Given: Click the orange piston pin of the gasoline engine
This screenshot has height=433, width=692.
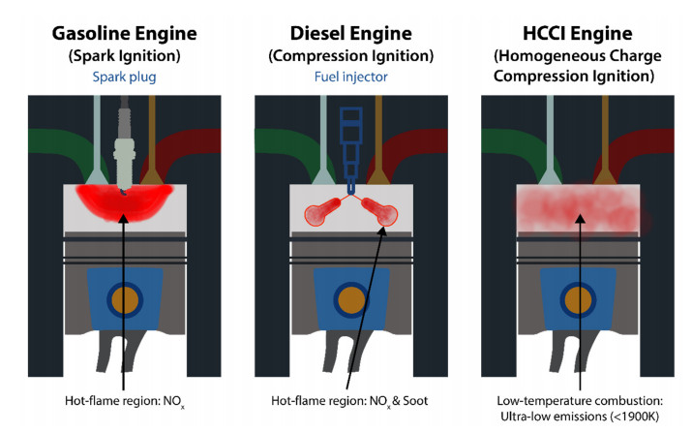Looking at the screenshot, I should click(x=123, y=298).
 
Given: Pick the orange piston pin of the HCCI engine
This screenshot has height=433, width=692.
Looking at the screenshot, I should click(x=579, y=298).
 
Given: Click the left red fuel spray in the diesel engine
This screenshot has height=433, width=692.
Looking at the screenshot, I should click(x=322, y=212).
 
